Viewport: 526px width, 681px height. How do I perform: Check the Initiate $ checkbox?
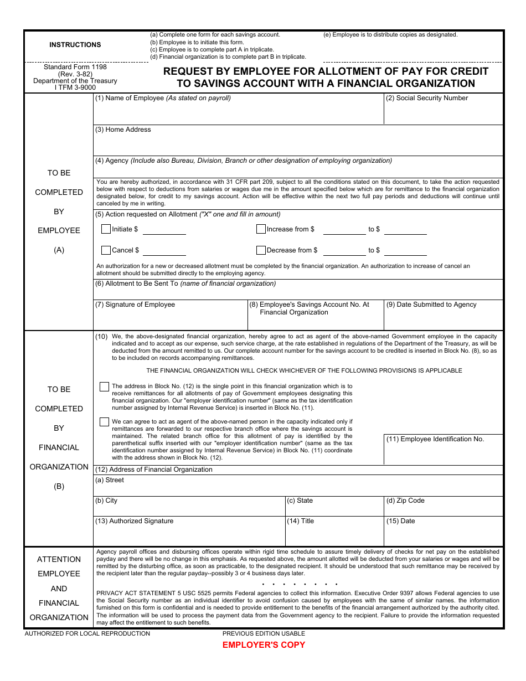[x=106, y=229]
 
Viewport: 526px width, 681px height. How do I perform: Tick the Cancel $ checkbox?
[x=106, y=250]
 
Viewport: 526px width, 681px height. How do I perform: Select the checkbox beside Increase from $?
[x=261, y=229]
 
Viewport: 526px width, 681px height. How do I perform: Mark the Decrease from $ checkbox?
[x=261, y=250]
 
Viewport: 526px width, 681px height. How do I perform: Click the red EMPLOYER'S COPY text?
[x=264, y=645]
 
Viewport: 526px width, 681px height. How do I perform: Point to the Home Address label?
[x=123, y=130]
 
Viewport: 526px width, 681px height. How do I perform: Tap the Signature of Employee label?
[x=135, y=305]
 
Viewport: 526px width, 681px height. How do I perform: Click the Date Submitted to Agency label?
[x=431, y=305]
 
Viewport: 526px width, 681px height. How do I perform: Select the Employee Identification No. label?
[x=435, y=439]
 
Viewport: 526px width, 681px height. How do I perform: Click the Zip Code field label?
[x=405, y=501]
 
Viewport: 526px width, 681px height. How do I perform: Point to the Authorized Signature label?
[x=135, y=521]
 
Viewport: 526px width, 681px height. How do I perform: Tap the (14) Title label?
[x=301, y=521]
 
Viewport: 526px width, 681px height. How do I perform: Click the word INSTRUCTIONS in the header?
[x=75, y=45]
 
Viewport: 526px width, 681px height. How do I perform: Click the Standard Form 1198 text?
[x=75, y=67]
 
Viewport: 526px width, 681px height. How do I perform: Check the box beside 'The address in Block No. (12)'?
[x=104, y=387]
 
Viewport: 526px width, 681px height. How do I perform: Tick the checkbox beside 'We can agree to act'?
[x=104, y=422]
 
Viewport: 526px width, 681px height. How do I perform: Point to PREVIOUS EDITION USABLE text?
[x=264, y=633]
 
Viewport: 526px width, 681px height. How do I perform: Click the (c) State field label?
[x=300, y=501]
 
